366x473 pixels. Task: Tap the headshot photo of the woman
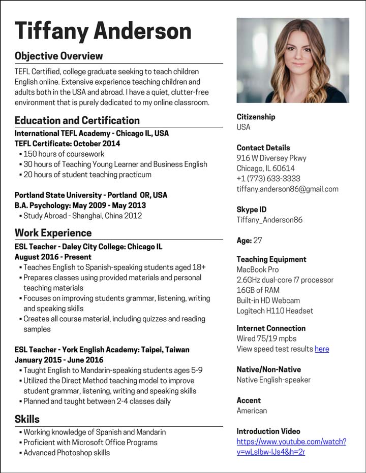point(293,60)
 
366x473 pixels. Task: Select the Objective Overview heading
point(58,56)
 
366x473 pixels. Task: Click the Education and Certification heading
point(77,120)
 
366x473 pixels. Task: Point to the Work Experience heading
point(53,233)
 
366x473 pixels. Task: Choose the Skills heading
point(27,419)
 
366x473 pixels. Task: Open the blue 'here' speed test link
point(322,349)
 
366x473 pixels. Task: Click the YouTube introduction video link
point(291,447)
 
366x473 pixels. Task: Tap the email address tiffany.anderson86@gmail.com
point(287,189)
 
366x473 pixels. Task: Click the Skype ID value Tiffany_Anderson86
point(269,220)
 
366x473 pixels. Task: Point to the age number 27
point(258,241)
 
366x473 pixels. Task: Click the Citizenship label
point(256,117)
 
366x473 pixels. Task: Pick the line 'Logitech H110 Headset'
point(274,311)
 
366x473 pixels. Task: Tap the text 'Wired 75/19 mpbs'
point(266,339)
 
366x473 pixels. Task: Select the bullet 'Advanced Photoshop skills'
point(67,453)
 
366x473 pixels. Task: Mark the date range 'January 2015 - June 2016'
point(59,360)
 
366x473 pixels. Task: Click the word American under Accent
point(252,411)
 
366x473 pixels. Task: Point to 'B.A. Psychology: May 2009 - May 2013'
point(80,206)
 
